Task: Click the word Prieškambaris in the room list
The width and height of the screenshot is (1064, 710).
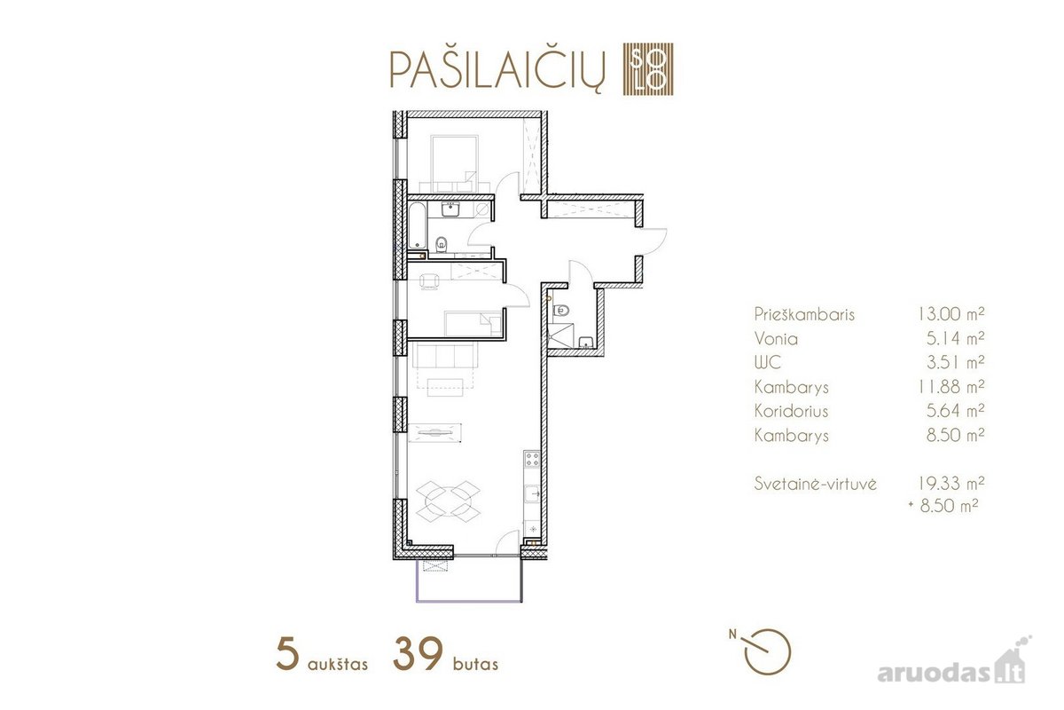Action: click(x=804, y=314)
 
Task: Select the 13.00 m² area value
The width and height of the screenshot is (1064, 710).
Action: click(x=951, y=314)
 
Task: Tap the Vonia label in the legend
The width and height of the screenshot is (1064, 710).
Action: click(x=776, y=339)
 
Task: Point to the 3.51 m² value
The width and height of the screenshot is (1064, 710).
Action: click(x=955, y=362)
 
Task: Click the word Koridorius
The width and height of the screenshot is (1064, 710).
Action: click(x=791, y=411)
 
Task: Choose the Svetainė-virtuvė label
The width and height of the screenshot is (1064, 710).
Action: click(x=815, y=484)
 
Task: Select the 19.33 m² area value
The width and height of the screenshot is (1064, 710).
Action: click(x=951, y=483)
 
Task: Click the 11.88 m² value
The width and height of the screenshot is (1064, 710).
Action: click(x=951, y=387)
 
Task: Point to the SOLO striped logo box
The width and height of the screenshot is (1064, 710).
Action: click(x=648, y=69)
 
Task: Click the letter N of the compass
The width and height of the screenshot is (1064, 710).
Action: click(x=733, y=634)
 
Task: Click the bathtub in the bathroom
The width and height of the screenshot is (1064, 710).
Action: click(x=418, y=225)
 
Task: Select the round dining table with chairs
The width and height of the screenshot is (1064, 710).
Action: click(x=448, y=501)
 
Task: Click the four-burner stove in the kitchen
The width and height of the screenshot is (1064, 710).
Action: click(x=531, y=459)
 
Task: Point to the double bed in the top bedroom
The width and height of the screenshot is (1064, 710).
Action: click(x=454, y=164)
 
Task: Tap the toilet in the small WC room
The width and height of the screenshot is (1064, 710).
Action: click(x=561, y=311)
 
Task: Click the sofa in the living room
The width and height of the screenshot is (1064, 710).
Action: click(x=444, y=356)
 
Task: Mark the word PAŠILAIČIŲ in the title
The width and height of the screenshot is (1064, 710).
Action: click(x=497, y=71)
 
